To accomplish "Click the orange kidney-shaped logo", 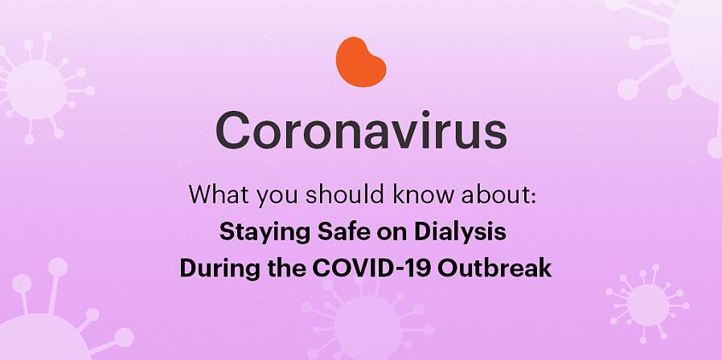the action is [360, 62].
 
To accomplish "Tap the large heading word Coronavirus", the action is [362, 131].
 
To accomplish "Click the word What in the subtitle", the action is [219, 194].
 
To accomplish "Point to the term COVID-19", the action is [372, 268].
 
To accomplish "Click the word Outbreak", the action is [495, 268].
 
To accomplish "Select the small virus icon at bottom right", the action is [648, 305].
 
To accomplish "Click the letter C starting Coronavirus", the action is [233, 131].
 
